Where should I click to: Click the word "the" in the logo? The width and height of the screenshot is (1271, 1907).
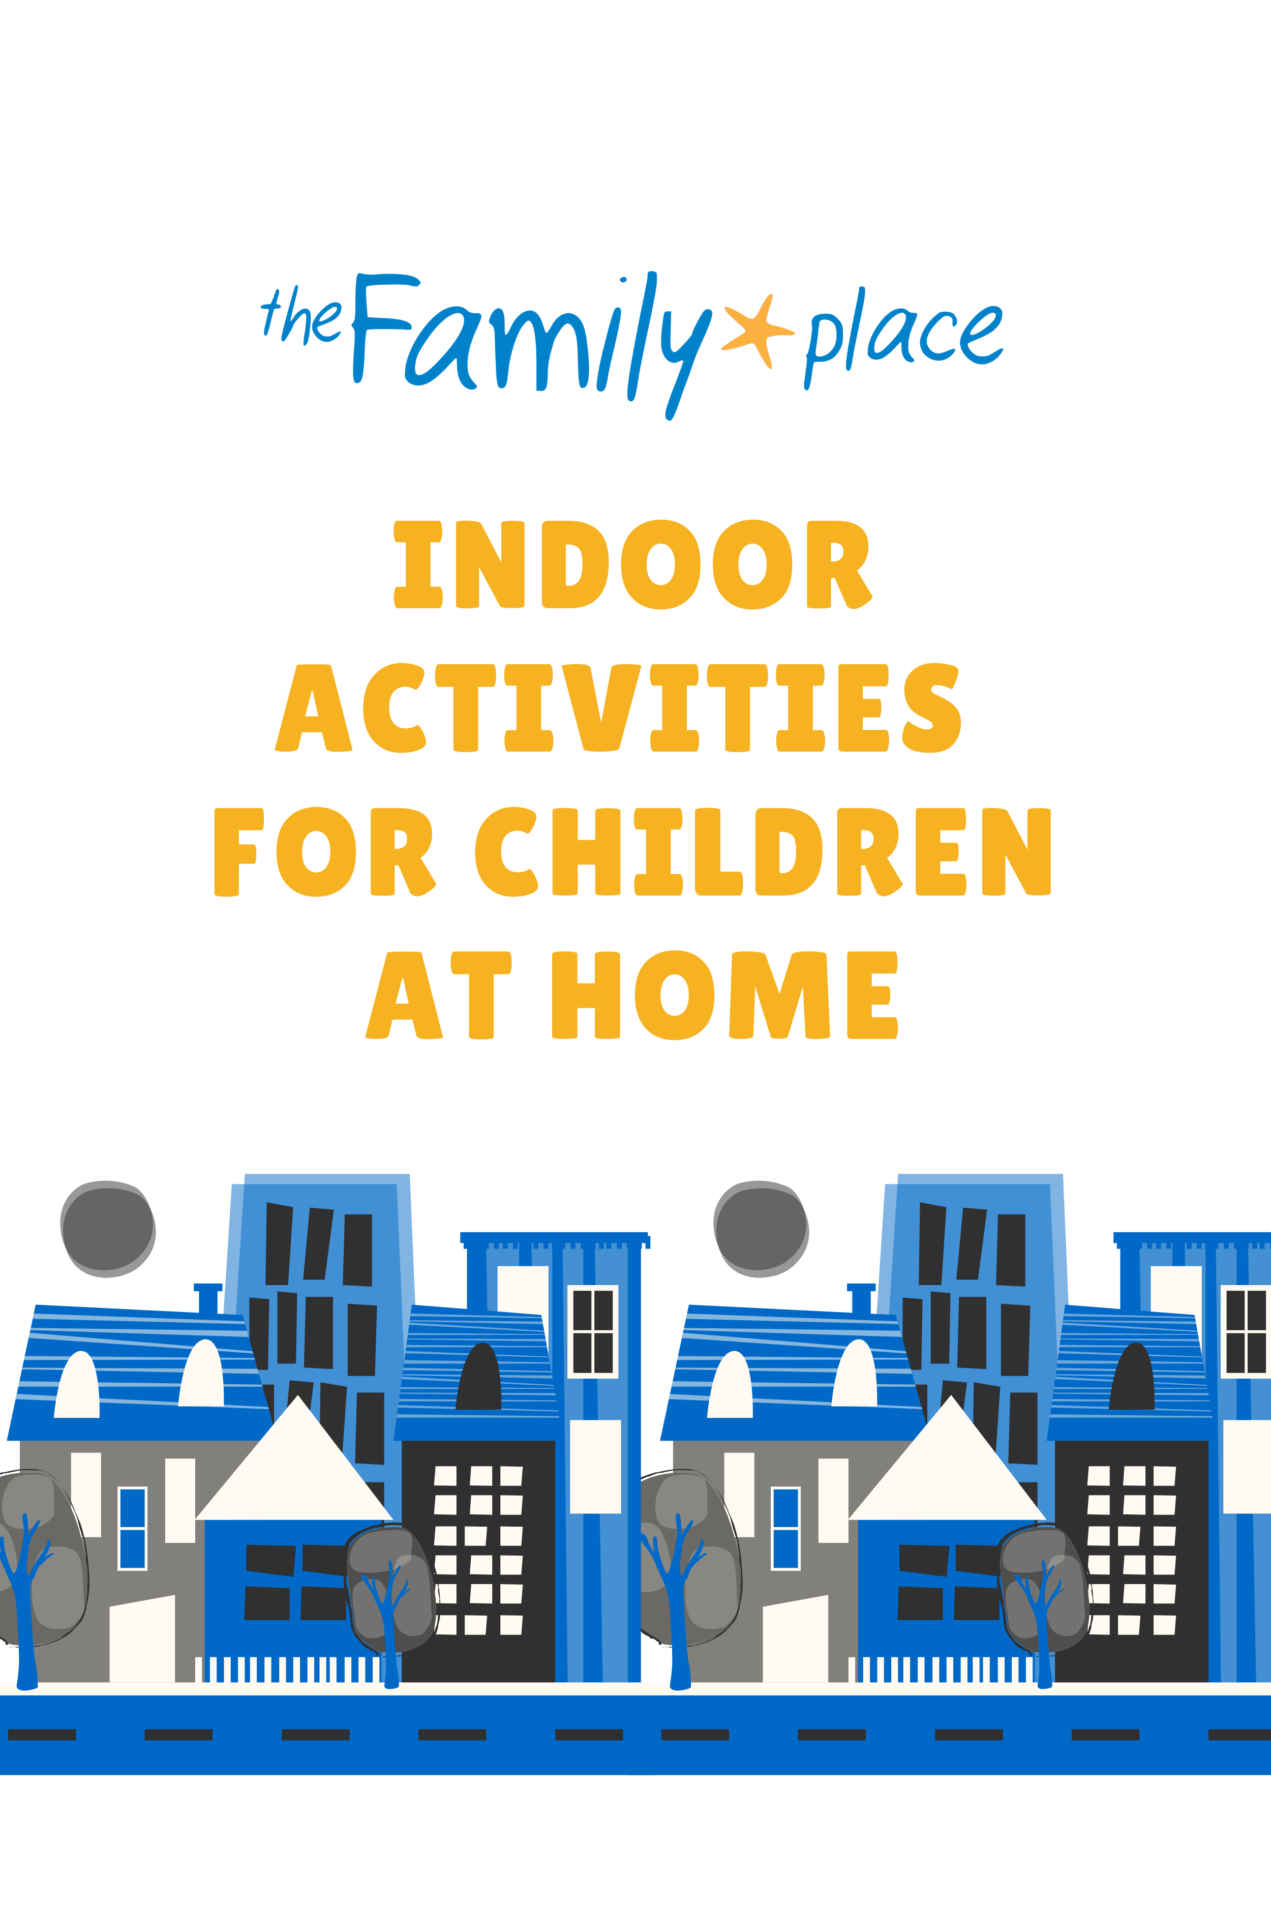[x=301, y=315]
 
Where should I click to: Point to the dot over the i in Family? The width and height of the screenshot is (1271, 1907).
[x=622, y=280]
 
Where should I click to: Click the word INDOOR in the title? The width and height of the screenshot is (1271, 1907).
[x=632, y=564]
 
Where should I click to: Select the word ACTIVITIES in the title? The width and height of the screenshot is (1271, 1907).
[x=618, y=708]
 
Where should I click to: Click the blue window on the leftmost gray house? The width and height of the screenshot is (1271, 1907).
[x=132, y=1528]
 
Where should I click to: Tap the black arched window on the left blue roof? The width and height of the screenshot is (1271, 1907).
[x=478, y=1376]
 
